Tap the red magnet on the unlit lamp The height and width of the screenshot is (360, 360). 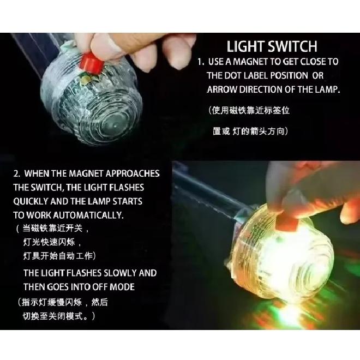pyautogui.click(x=91, y=63)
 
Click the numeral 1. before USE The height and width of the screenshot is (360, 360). pyautogui.click(x=201, y=62)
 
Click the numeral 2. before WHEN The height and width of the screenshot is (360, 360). pyautogui.click(x=17, y=173)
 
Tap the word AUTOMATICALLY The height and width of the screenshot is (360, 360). pyautogui.click(x=88, y=215)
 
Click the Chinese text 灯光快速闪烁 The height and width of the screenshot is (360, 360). pyautogui.click(x=49, y=242)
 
